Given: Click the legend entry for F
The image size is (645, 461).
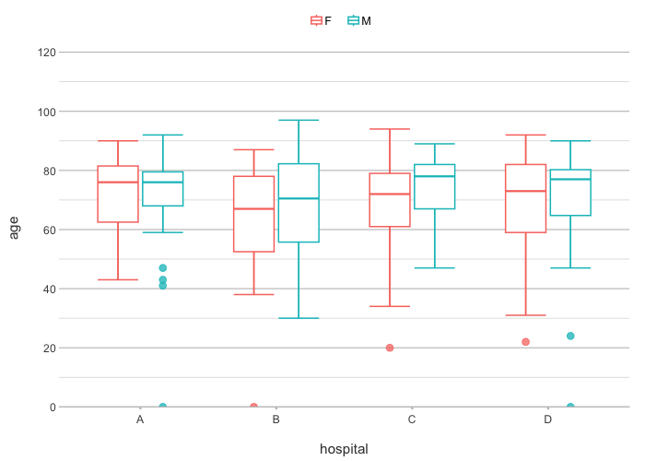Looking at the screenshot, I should click(x=322, y=21).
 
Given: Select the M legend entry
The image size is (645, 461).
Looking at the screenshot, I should click(x=359, y=21).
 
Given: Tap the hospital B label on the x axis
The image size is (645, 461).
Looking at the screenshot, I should click(x=276, y=420).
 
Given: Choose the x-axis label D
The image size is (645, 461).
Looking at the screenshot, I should click(x=548, y=420).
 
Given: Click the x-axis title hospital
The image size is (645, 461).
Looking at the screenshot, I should click(x=344, y=449).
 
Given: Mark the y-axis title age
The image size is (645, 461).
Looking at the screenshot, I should click(x=14, y=227).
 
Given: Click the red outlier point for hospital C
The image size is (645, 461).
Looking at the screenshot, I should click(x=390, y=348).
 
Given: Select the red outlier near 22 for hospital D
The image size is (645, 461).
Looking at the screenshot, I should click(x=525, y=342).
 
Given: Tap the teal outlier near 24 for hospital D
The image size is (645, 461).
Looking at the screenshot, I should click(x=570, y=336).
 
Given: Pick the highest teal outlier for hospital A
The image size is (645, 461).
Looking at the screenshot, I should click(x=163, y=268).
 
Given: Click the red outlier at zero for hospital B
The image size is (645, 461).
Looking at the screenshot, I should click(x=253, y=407).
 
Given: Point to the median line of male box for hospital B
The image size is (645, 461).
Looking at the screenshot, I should click(x=299, y=198).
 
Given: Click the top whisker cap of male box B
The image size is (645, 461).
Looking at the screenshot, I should click(x=299, y=120).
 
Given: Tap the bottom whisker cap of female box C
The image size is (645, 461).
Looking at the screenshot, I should click(x=390, y=306).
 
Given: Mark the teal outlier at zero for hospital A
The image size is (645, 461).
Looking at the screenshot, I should click(x=163, y=407).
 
